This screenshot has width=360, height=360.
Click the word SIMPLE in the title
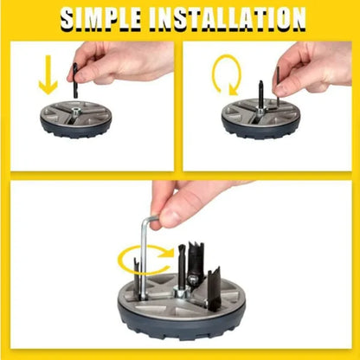point(101,19)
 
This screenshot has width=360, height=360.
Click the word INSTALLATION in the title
point(228,19)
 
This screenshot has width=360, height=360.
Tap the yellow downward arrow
point(48,74)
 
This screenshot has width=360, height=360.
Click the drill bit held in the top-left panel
point(75,80)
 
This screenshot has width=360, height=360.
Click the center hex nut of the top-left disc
point(76,111)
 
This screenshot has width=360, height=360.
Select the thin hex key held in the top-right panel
point(278,86)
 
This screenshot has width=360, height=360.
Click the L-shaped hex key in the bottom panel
point(143,257)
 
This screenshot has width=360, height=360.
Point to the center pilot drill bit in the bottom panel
point(183,266)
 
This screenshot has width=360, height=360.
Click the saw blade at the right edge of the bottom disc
point(215,289)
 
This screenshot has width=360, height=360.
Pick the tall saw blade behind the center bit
point(196,260)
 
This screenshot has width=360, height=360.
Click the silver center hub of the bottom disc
point(181,292)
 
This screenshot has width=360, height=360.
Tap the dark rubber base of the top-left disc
point(76,129)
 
